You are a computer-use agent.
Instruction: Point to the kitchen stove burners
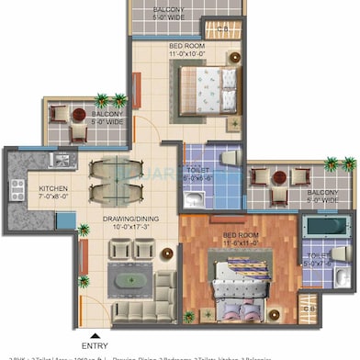click(x=17, y=189)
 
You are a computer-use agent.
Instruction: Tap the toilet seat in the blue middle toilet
click(x=230, y=158)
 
